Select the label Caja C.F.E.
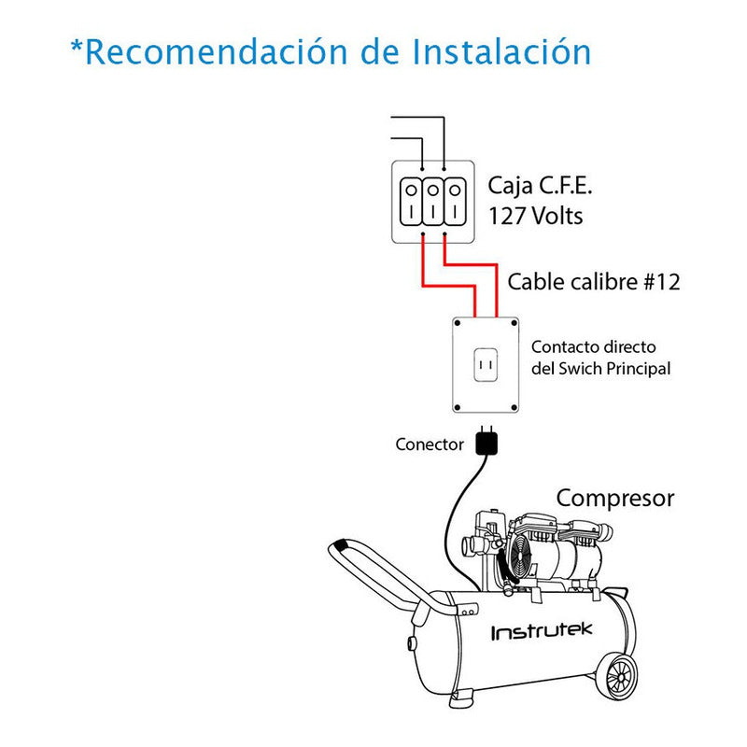541,186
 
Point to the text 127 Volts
536,216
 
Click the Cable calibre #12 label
593,281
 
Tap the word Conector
429,444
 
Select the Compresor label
614,499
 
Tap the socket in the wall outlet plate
485,365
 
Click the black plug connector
486,443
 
